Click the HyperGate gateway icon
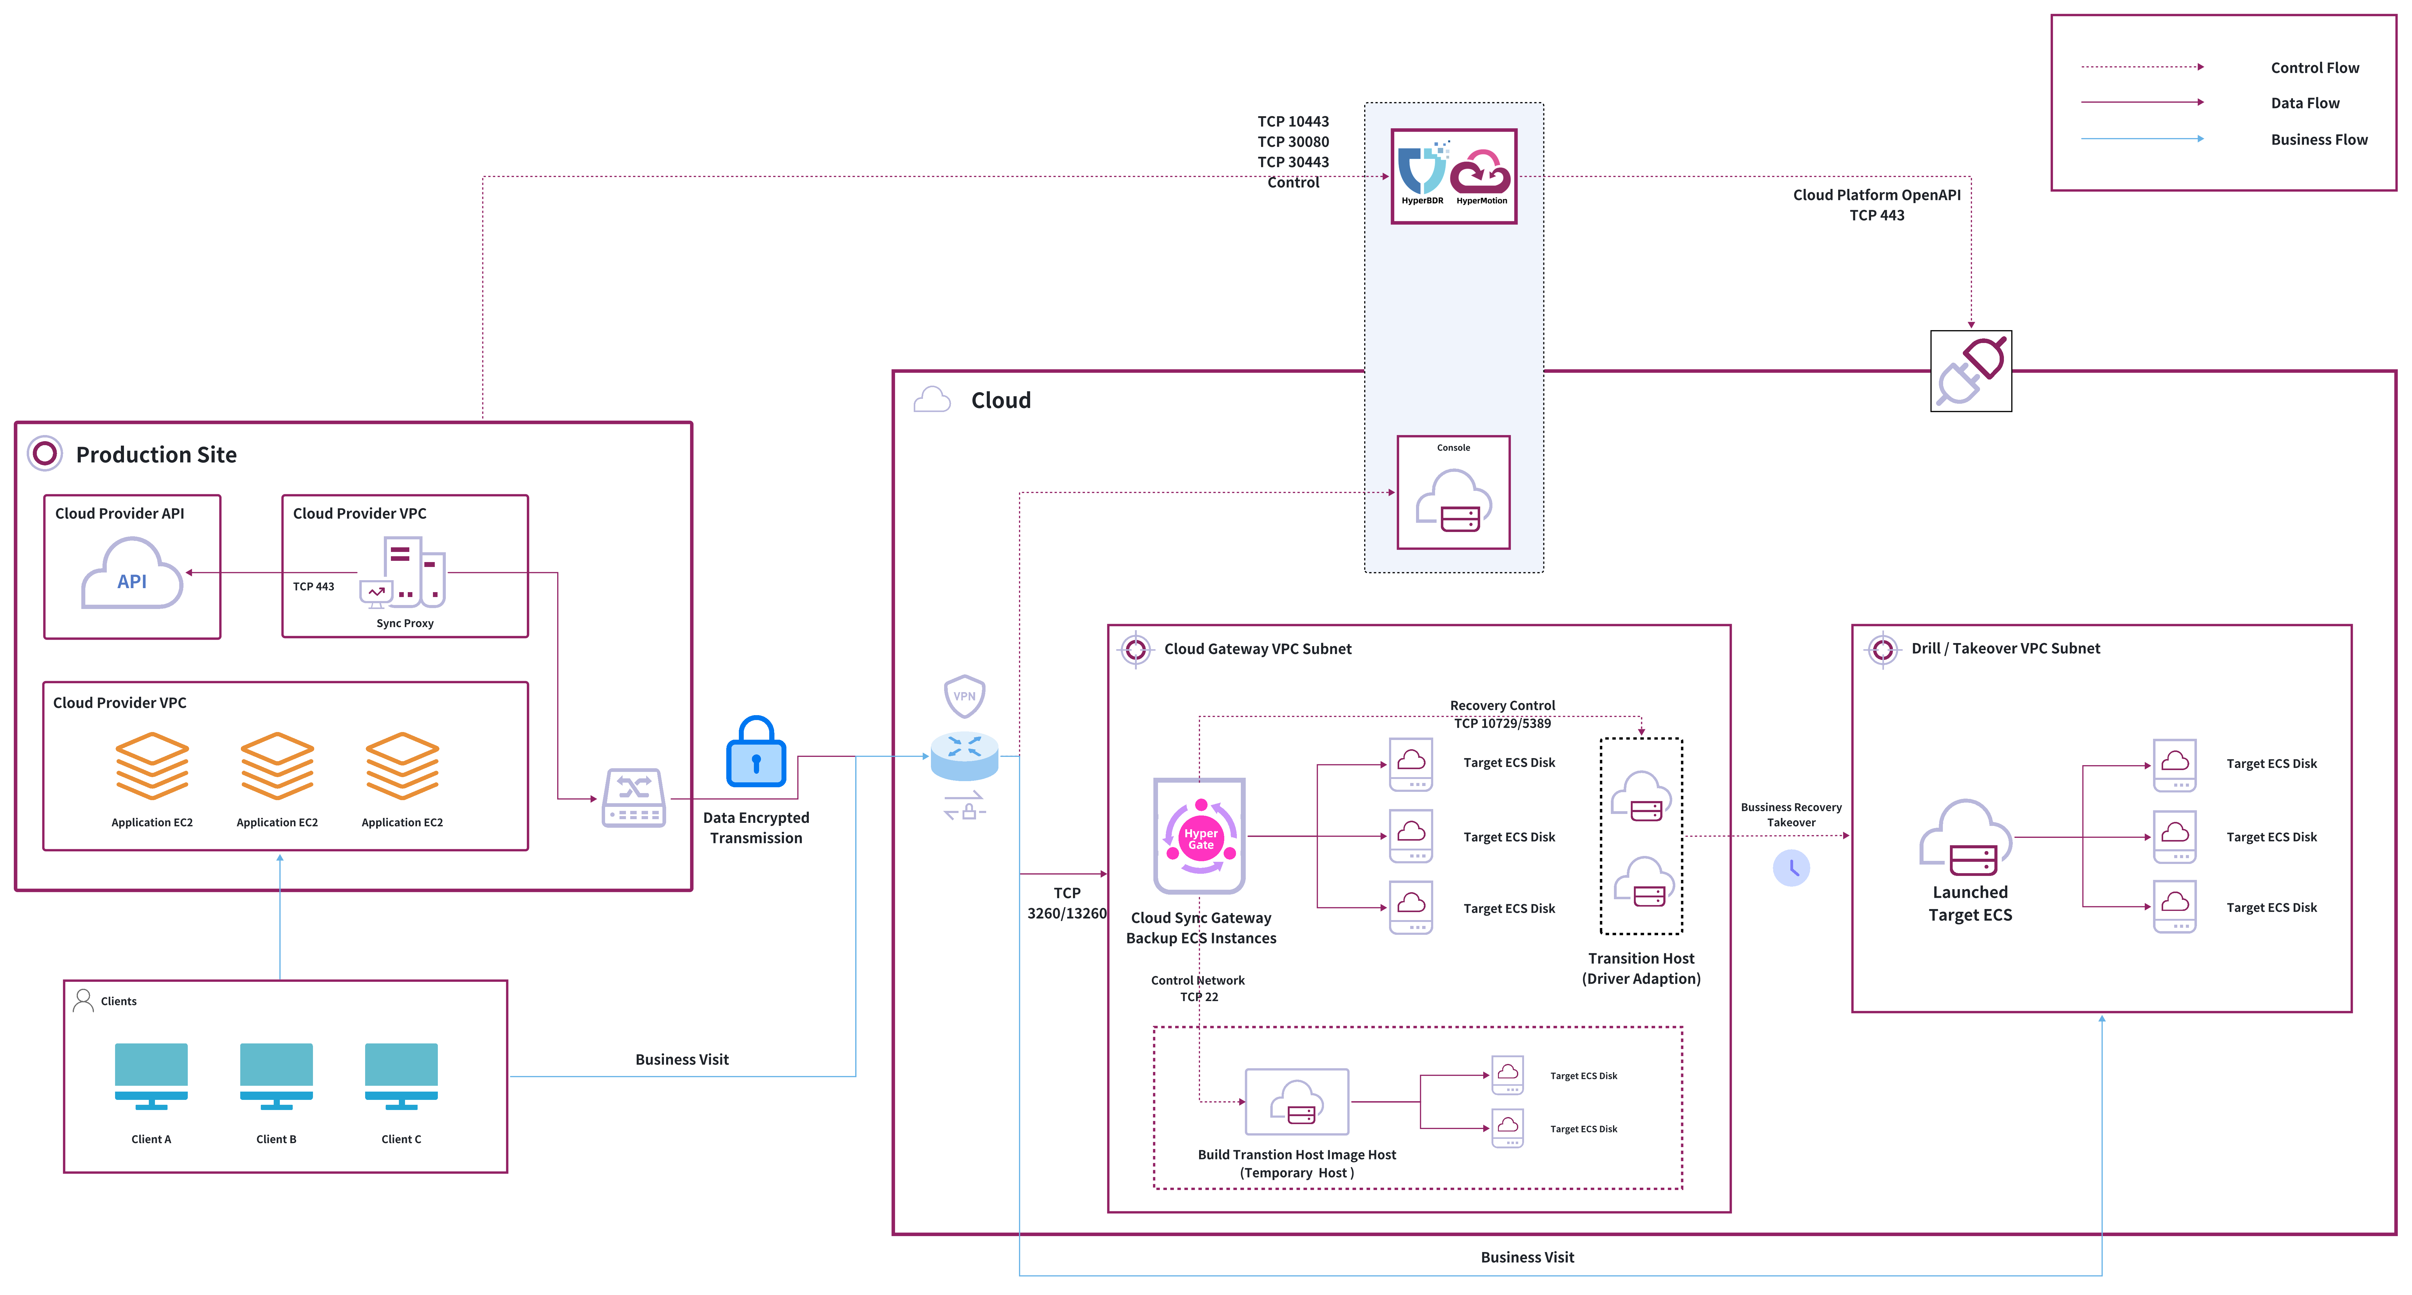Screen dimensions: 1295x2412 click(1199, 836)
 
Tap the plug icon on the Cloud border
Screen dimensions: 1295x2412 click(1971, 371)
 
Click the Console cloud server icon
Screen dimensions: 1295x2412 click(1453, 501)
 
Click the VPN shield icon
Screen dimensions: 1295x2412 click(964, 696)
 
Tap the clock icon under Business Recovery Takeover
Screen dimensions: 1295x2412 click(1791, 868)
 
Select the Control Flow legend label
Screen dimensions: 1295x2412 click(2315, 67)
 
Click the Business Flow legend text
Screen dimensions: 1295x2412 click(2318, 140)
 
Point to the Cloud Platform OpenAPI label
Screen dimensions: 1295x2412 click(1876, 195)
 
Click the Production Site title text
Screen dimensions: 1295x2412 click(156, 455)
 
